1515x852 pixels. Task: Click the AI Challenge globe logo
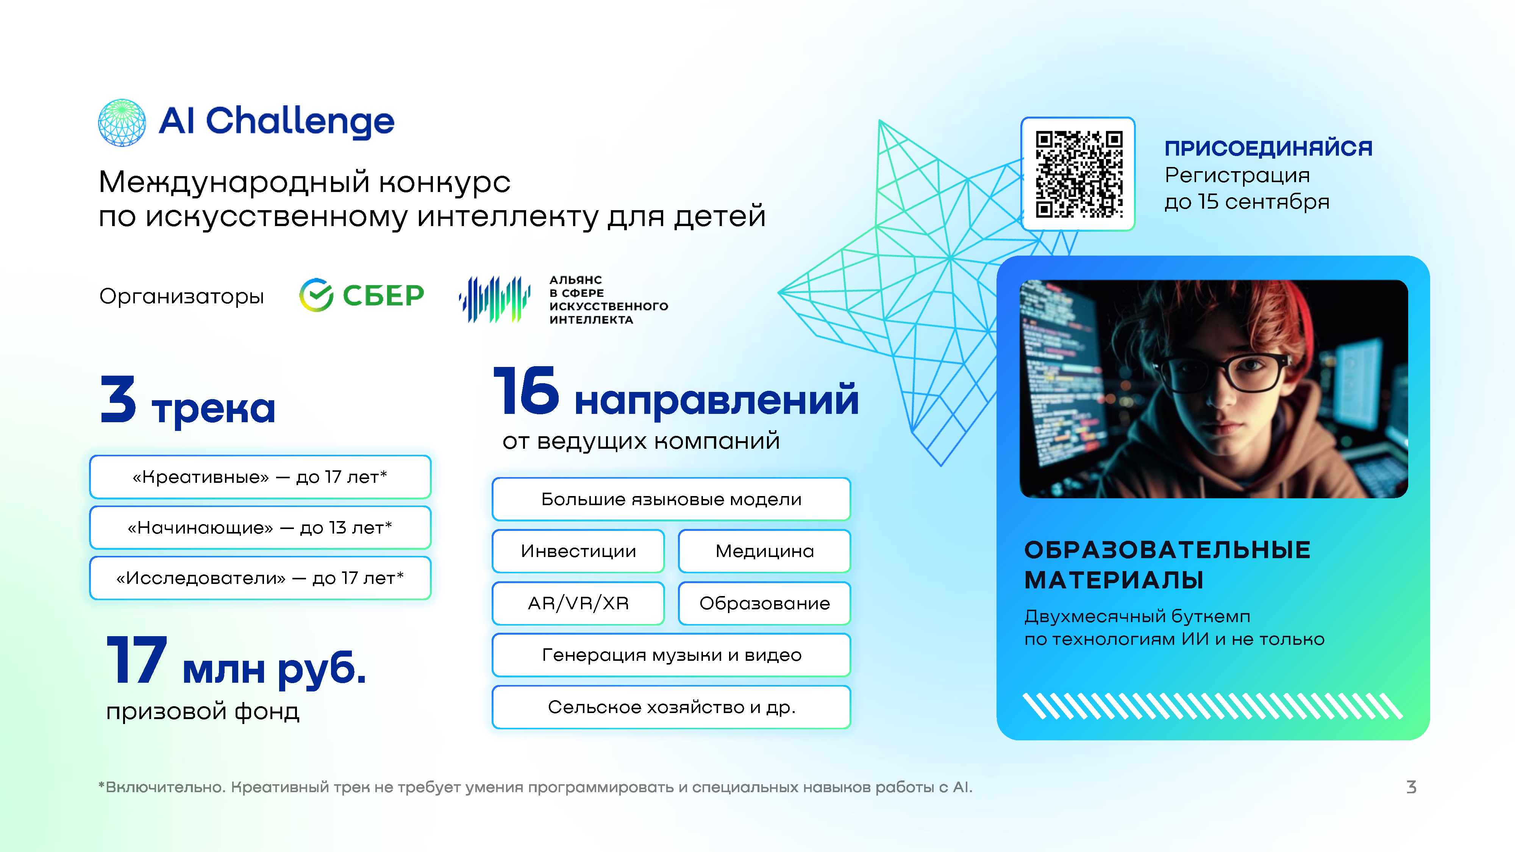[122, 122]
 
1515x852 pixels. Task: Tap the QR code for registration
[1079, 174]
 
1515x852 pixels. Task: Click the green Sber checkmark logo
[316, 295]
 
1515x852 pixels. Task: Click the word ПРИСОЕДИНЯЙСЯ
[1268, 148]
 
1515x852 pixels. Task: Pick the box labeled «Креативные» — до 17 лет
[260, 477]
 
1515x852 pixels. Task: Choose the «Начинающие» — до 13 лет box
[260, 527]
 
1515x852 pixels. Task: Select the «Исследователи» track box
[260, 578]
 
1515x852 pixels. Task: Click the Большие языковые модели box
[671, 499]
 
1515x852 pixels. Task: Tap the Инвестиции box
[578, 551]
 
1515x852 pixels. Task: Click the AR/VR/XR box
[578, 603]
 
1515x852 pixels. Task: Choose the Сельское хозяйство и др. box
[671, 707]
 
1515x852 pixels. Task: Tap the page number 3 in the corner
[1411, 787]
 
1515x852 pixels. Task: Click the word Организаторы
[181, 296]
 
